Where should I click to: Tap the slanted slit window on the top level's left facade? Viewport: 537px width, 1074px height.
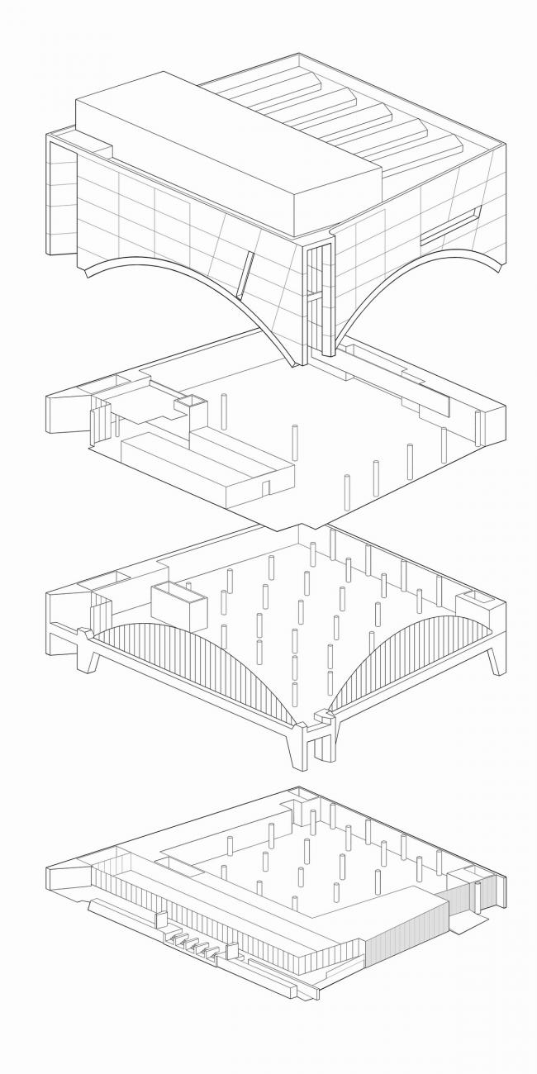[x=244, y=274]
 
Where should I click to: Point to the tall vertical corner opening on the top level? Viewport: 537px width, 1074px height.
[x=314, y=302]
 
